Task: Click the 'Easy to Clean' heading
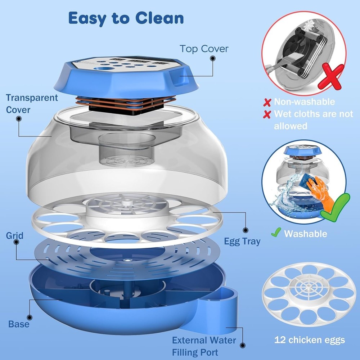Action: pyautogui.click(x=126, y=18)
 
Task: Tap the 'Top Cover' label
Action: pyautogui.click(x=204, y=49)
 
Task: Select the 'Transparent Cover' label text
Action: pyautogui.click(x=32, y=103)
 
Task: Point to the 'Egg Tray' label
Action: pyautogui.click(x=242, y=241)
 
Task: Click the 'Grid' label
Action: pyautogui.click(x=14, y=236)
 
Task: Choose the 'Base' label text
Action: pyautogui.click(x=19, y=324)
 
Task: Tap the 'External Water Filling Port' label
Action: pyautogui.click(x=204, y=346)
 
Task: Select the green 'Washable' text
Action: pyautogui.click(x=305, y=234)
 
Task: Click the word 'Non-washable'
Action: pyautogui.click(x=304, y=102)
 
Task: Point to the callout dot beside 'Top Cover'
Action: pyautogui.click(x=213, y=58)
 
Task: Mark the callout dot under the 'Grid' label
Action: pyautogui.click(x=15, y=243)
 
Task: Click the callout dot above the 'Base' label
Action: pyautogui.click(x=29, y=318)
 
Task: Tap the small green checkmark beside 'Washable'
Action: pyautogui.click(x=276, y=233)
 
